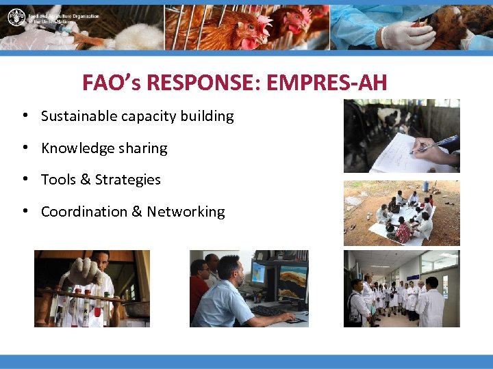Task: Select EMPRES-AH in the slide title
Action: [327, 83]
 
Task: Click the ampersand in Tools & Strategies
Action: [86, 180]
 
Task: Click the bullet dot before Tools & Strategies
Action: [24, 180]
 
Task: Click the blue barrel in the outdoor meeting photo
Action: [425, 186]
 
